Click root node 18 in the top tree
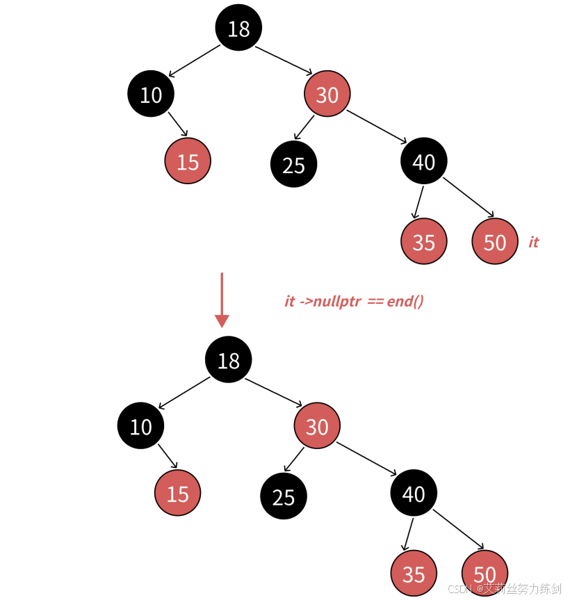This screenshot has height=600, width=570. tap(238, 28)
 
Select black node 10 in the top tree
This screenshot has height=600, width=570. tap(150, 94)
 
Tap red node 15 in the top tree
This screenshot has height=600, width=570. tap(188, 161)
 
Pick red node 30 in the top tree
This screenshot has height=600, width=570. tap(327, 94)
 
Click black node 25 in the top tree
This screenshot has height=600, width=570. tap(293, 165)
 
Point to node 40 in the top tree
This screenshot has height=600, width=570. tap(423, 161)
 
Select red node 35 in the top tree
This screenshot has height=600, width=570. tap(423, 241)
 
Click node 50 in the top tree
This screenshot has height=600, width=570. tap(494, 241)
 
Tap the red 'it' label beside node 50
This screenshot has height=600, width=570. tap(533, 242)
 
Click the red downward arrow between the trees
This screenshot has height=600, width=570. tap(222, 299)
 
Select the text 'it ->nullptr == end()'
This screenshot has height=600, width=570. tap(354, 301)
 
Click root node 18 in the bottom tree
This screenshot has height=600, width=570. tap(228, 360)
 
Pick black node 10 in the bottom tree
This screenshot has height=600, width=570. tap(140, 425)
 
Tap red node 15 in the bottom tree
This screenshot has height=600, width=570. tap(177, 493)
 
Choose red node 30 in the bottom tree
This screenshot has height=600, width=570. tap(317, 425)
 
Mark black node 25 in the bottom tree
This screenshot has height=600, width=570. tap(283, 497)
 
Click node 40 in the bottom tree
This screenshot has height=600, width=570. tap(414, 493)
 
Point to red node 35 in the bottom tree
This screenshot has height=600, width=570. tap(414, 574)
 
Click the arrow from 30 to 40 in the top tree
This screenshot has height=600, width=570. tap(377, 126)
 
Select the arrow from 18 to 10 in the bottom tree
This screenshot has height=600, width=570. tap(184, 393)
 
